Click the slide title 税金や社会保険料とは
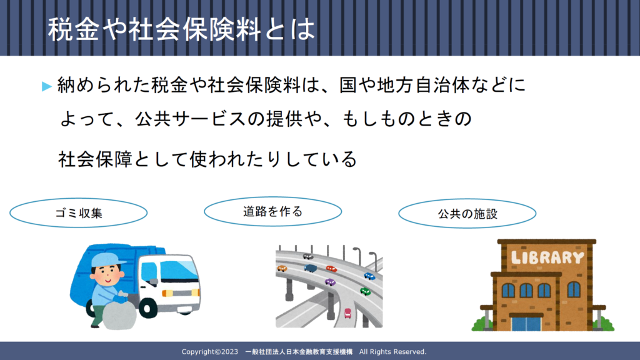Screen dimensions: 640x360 (x=182, y=29)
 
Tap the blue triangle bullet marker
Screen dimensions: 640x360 (x=46, y=86)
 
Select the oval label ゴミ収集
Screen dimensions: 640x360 (x=78, y=212)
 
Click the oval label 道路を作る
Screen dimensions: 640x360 (x=272, y=211)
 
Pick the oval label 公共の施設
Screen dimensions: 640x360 (x=467, y=214)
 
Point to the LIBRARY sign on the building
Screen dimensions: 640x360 (x=547, y=257)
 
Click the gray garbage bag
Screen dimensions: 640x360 (x=119, y=315)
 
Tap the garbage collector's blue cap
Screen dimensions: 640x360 (x=107, y=259)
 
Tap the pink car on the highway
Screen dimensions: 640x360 (x=347, y=313)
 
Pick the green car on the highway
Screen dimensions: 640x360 (x=365, y=291)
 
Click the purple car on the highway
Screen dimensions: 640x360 (x=330, y=282)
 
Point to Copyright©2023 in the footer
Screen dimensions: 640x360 (x=210, y=351)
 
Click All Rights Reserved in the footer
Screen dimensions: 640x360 (x=392, y=351)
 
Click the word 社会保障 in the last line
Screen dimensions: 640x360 (x=95, y=159)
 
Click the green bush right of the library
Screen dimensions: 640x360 (x=604, y=324)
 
